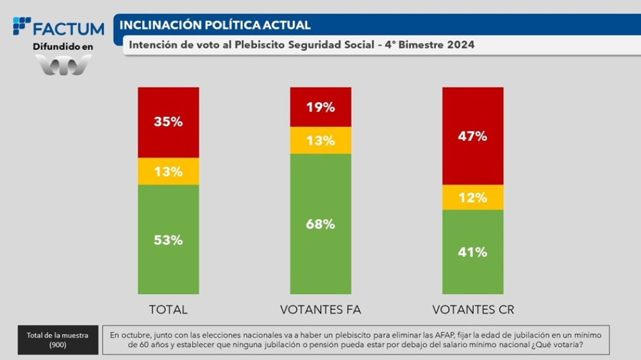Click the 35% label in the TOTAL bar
point(168,122)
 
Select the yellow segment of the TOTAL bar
point(168,172)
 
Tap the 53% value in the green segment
point(168,240)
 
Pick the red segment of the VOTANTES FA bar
point(320,107)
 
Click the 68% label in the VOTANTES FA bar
point(320,224)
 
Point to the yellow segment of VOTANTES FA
point(320,140)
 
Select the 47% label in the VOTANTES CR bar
point(472,136)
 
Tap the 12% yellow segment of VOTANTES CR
point(472,197)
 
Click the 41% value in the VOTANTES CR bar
point(472,252)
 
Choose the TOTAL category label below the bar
point(168,310)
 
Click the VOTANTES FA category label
point(320,310)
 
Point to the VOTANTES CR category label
point(473,310)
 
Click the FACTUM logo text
point(67,29)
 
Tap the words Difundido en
point(63,47)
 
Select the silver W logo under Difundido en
point(63,65)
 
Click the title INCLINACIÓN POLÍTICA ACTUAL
point(215,26)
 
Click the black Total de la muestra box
point(58,340)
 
